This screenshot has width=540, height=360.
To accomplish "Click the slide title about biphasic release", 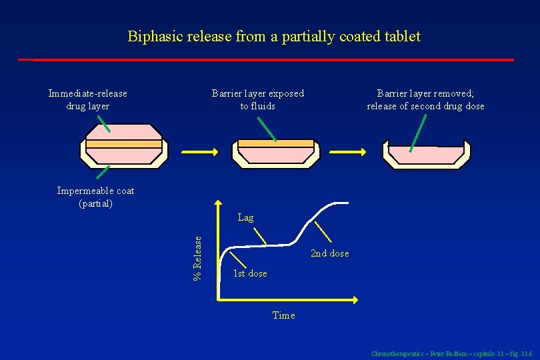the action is point(274,36).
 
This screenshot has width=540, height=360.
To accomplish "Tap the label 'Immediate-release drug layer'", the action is point(87,100).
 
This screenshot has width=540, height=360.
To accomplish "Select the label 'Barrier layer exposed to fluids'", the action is point(257,100).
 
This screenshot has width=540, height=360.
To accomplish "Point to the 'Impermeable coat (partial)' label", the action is point(95,197).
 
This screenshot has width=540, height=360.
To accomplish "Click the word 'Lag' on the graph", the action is point(245,217).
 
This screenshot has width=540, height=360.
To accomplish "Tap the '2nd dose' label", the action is point(329,253).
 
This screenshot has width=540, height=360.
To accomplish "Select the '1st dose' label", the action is point(250,273).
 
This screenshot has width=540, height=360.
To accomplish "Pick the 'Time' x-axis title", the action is point(283,315).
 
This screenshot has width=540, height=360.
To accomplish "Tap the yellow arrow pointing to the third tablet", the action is point(349,151).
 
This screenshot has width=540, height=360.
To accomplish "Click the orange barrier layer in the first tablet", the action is point(124,144).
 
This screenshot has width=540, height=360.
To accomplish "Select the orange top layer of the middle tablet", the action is point(275,143).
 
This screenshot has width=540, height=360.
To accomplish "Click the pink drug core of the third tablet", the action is point(427,155).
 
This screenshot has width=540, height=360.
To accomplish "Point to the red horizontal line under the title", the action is point(267,60).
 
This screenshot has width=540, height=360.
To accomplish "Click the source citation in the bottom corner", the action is point(451,353).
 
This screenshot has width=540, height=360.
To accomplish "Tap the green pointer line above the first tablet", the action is point(103,123).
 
